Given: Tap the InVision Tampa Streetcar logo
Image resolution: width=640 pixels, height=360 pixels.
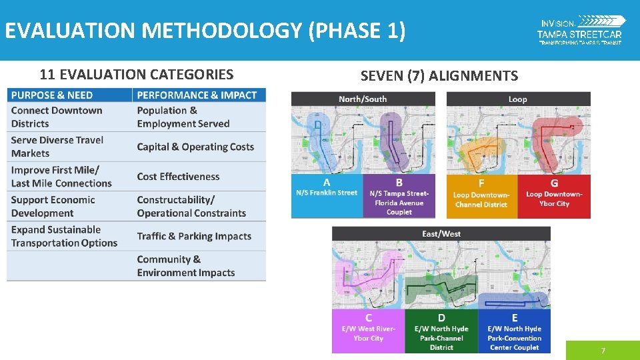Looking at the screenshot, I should pos(580,30).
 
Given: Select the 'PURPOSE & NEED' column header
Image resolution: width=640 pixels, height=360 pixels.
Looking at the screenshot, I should pos(52,95).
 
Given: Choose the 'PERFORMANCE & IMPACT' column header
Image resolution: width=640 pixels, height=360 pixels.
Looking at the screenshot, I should pos(197,95).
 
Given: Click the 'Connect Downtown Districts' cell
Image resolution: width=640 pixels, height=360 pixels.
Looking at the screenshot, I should pos(57,117).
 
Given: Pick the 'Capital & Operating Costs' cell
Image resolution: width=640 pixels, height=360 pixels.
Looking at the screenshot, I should pos(195,147).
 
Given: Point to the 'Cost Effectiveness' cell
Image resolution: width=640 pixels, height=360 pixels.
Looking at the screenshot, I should pos(178,177).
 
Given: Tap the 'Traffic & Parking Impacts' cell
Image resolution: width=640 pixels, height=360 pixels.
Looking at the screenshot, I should pos(194,236).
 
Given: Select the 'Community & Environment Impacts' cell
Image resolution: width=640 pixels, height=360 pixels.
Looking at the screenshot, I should pos(186,266).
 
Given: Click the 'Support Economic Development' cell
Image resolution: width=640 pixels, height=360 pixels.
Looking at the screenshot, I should pos(53,207).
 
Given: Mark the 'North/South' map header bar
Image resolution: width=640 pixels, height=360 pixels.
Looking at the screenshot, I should pos(363,99).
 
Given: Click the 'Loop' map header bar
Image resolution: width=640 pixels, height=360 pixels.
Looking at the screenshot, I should pos(518,99).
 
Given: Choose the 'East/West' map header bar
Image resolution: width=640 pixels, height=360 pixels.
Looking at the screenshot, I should pos(441,234).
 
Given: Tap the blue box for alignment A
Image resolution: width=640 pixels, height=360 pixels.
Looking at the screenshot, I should pos(327,196).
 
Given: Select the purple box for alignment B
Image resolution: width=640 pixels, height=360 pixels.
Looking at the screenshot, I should pos(399,196).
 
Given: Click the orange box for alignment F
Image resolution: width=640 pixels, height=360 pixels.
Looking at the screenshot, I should pos(481,196).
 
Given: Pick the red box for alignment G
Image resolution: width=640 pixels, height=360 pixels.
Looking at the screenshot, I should pos(554,196).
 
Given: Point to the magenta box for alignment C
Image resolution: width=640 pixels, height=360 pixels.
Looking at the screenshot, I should pos(369,331).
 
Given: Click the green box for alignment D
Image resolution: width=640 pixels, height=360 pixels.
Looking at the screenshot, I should pos(441,331).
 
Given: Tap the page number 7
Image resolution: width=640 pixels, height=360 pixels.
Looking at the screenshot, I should pos(603,351).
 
